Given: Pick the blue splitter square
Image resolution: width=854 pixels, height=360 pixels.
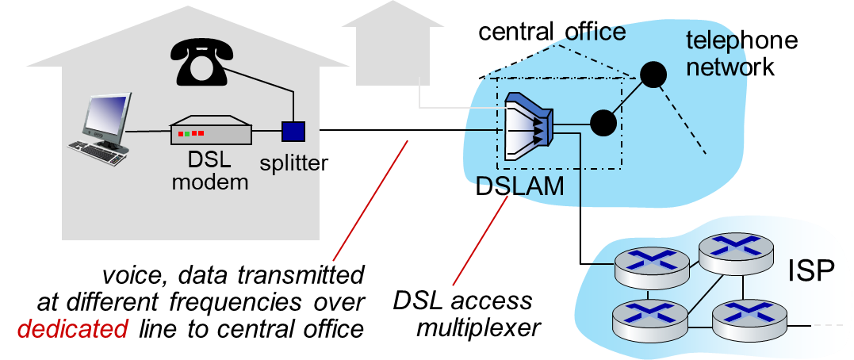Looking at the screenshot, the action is (x=293, y=131).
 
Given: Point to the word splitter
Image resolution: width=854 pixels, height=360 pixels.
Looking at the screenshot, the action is (x=293, y=163).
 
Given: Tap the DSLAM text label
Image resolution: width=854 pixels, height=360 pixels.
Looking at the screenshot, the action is (x=519, y=187).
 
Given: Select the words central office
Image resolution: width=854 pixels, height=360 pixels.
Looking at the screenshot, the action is (x=552, y=33).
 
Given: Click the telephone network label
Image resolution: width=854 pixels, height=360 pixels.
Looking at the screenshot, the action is (x=742, y=54).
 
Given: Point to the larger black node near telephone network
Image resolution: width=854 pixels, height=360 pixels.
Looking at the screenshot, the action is (x=653, y=74).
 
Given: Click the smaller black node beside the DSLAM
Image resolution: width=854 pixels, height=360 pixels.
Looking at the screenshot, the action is (x=603, y=123).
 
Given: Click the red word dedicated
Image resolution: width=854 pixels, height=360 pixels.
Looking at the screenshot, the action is (x=73, y=329).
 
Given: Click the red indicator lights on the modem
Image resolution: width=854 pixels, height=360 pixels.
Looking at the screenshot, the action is (x=190, y=133).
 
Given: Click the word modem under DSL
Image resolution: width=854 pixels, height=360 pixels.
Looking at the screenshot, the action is (x=210, y=182).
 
